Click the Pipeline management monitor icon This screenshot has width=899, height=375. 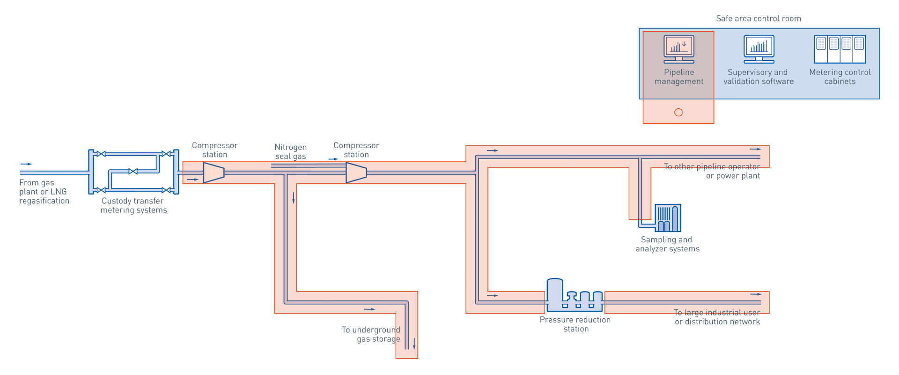pyautogui.click(x=678, y=49)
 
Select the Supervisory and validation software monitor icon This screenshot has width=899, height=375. pyautogui.click(x=759, y=49)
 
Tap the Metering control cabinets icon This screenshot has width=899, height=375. pyautogui.click(x=840, y=49)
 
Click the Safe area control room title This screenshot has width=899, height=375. pyautogui.click(x=759, y=19)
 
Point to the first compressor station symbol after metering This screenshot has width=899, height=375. pyautogui.click(x=214, y=172)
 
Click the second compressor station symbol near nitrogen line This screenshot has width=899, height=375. pyautogui.click(x=356, y=172)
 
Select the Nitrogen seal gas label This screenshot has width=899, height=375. pyautogui.click(x=290, y=152)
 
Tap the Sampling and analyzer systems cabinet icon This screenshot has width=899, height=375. pyautogui.click(x=668, y=218)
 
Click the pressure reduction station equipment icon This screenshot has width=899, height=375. pyautogui.click(x=575, y=296)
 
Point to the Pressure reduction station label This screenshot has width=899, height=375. pyautogui.click(x=575, y=324)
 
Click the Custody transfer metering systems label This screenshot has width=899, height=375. pyautogui.click(x=133, y=205)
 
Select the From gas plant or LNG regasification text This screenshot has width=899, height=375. pyautogui.click(x=44, y=192)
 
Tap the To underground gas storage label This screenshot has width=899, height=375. pyautogui.click(x=371, y=334)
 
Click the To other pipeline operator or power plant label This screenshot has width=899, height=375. pyautogui.click(x=712, y=171)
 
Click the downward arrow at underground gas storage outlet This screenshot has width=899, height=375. pyautogui.click(x=414, y=344)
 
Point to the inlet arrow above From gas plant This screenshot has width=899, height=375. pyautogui.click(x=26, y=164)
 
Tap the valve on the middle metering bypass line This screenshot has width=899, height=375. pyautogui.click(x=133, y=172)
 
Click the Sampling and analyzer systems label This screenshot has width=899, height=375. pyautogui.click(x=667, y=244)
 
